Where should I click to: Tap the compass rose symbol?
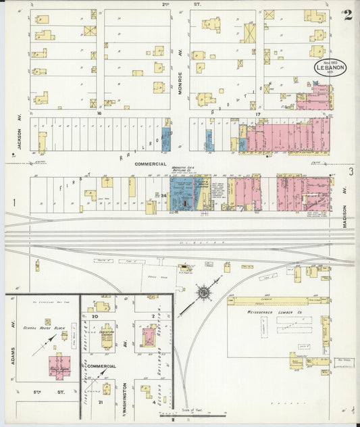click(x=203, y=293)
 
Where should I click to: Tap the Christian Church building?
click(x=107, y=336)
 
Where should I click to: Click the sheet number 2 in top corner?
click(x=346, y=14)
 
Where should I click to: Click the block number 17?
click(x=257, y=114)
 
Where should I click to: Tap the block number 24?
click(x=163, y=195)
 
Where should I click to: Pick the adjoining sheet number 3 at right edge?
click(x=351, y=172)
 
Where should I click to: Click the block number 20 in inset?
click(x=95, y=316)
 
